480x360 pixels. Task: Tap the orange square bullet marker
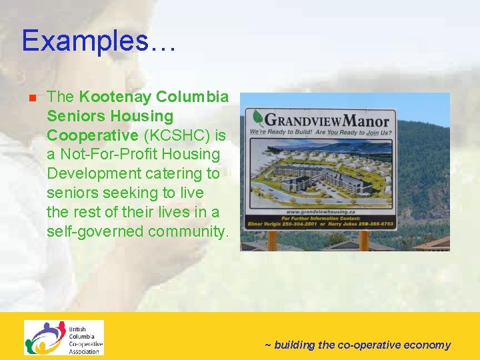[31, 99]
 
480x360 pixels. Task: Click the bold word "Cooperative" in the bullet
[92, 135]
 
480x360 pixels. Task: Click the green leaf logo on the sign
[257, 119]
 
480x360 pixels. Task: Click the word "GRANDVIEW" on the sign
[304, 121]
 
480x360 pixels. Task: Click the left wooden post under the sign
[271, 240]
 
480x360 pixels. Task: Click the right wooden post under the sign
[364, 240]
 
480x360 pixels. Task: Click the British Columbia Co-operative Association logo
[64, 337]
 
